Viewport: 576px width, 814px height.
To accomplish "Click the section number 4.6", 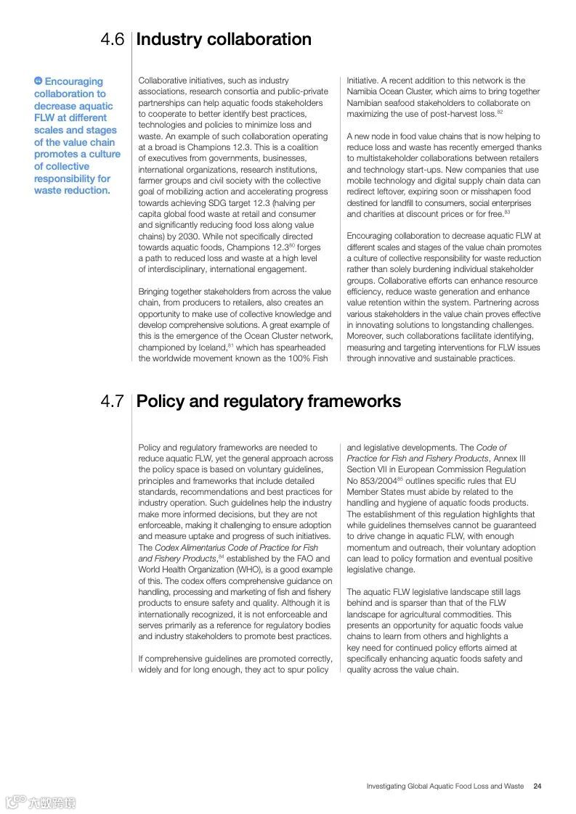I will pos(113,40).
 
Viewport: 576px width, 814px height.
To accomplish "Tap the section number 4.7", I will pos(113,401).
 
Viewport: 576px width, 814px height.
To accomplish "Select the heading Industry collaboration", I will pos(224,39).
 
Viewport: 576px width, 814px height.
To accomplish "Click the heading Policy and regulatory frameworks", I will pos(268,401).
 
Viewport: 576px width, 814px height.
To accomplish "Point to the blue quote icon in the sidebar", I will pos(38,81).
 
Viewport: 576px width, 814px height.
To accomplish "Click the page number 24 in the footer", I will pos(537,786).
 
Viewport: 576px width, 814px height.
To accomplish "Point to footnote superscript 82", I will pos(500,112).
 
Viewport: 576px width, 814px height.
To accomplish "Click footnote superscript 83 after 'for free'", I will pos(507,212).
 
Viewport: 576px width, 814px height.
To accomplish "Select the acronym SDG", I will pos(219,203).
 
